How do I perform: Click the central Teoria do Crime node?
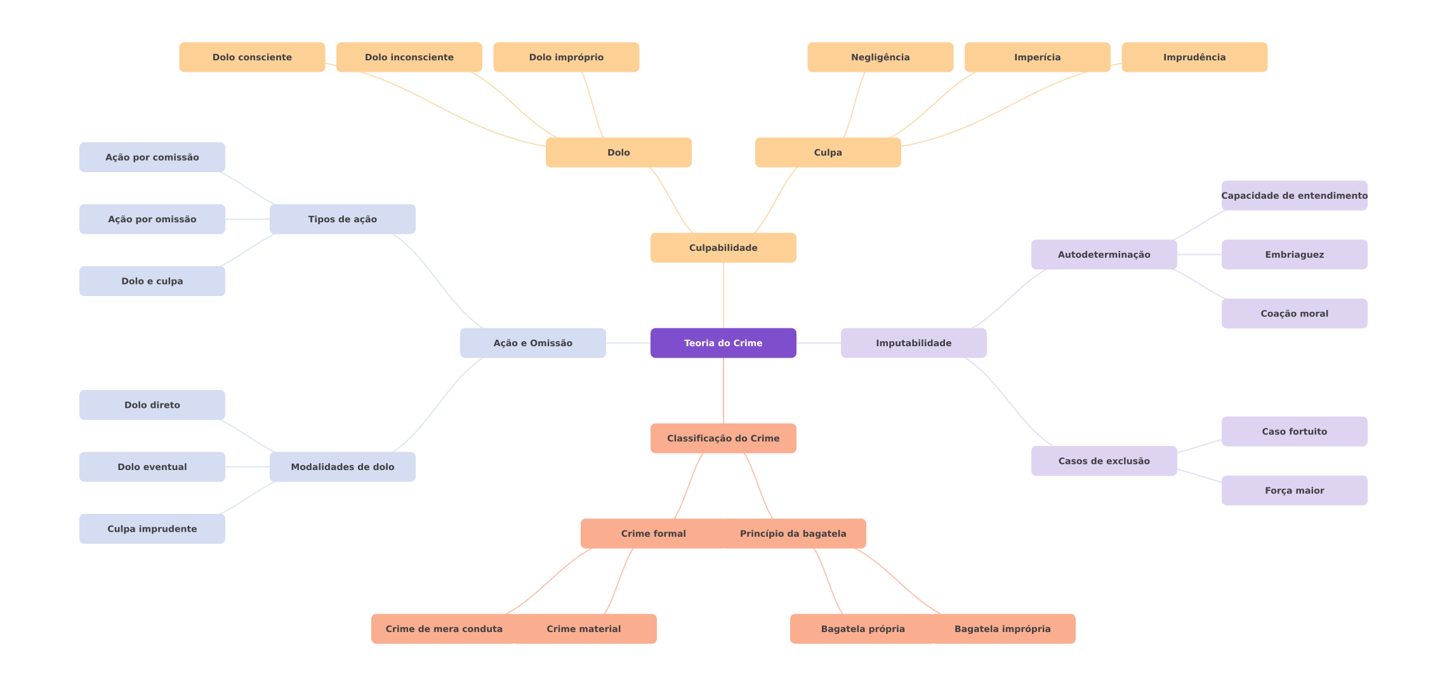723,343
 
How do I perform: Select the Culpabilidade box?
723,248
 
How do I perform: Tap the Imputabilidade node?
913,343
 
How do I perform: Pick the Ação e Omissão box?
532,343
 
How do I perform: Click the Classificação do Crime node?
723,438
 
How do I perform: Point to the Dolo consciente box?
252,57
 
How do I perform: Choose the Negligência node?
880,57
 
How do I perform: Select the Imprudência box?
1194,57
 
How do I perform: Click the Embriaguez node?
1294,255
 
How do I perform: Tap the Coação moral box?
1294,314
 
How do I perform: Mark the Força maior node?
1294,490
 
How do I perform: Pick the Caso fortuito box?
1294,431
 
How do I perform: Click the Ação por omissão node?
152,219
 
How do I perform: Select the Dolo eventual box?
152,467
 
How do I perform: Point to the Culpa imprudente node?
152,528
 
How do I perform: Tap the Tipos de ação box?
342,219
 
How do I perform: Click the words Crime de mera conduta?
444,629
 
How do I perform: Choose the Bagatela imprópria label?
1002,629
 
